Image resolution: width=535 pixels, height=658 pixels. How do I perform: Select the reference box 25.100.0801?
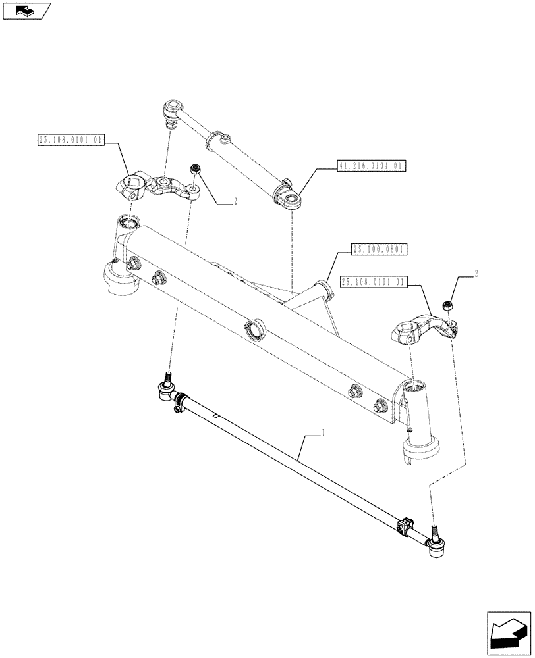[x=380, y=249]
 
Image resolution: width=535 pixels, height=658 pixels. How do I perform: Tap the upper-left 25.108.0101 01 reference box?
[x=71, y=140]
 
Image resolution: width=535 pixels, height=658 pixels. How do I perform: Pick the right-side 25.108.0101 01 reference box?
[x=374, y=282]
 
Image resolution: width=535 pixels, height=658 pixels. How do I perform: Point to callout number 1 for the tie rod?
[x=322, y=433]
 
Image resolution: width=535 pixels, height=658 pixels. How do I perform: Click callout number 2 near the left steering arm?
[x=234, y=203]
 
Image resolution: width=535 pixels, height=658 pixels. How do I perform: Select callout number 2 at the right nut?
[x=476, y=272]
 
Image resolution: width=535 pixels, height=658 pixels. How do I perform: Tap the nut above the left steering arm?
[x=196, y=170]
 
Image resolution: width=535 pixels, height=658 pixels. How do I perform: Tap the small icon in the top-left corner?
[x=25, y=10]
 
